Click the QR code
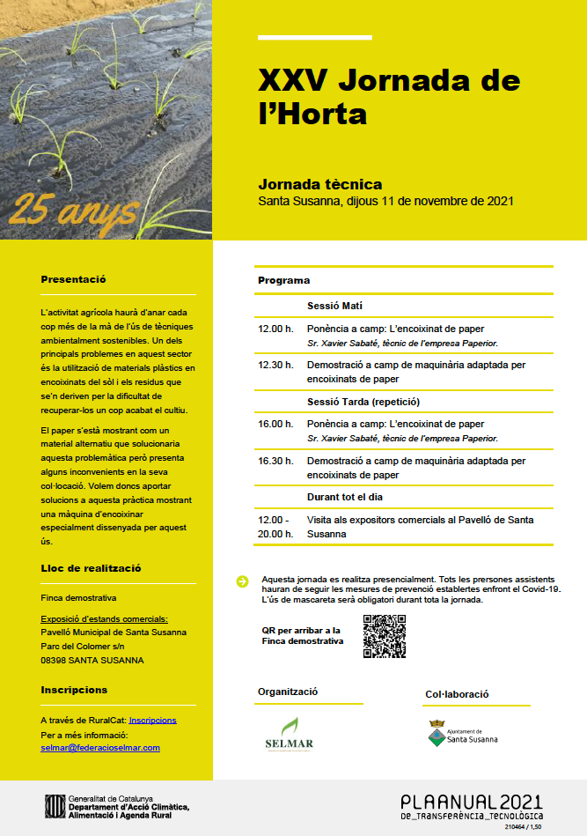[384, 636]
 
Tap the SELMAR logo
[289, 733]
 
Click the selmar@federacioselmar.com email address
[100, 747]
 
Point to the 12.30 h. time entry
[275, 363]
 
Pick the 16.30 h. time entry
[275, 460]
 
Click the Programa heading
[283, 280]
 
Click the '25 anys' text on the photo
[75, 210]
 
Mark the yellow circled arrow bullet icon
[242, 580]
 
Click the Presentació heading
[73, 279]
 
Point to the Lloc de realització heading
[91, 568]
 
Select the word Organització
[288, 692]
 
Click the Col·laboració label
[457, 694]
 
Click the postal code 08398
[56, 660]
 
